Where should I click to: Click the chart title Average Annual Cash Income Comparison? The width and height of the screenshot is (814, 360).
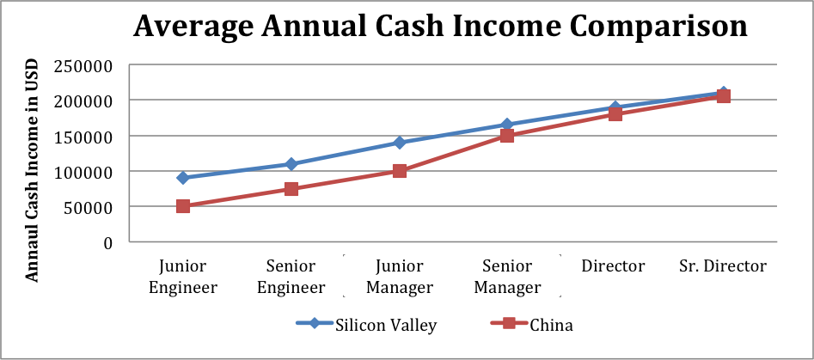[440, 27]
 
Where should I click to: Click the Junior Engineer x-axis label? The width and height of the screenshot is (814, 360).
[183, 276]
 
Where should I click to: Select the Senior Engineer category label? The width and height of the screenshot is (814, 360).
[291, 276]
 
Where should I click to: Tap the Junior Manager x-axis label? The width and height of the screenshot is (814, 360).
[399, 276]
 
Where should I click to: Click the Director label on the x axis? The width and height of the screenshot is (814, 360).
[613, 265]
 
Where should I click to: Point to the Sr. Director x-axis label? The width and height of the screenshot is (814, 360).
[722, 265]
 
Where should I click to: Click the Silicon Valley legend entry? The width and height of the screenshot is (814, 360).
[367, 324]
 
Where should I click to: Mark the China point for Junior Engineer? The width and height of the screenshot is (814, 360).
[183, 206]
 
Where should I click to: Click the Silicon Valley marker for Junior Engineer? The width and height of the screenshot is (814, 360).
[183, 178]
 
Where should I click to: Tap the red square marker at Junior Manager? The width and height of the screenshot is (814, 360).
[400, 171]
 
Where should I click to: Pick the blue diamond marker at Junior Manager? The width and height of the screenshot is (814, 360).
[400, 143]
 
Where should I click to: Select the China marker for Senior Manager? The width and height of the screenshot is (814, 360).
[507, 136]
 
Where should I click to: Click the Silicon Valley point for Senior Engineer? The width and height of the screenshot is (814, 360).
[291, 164]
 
